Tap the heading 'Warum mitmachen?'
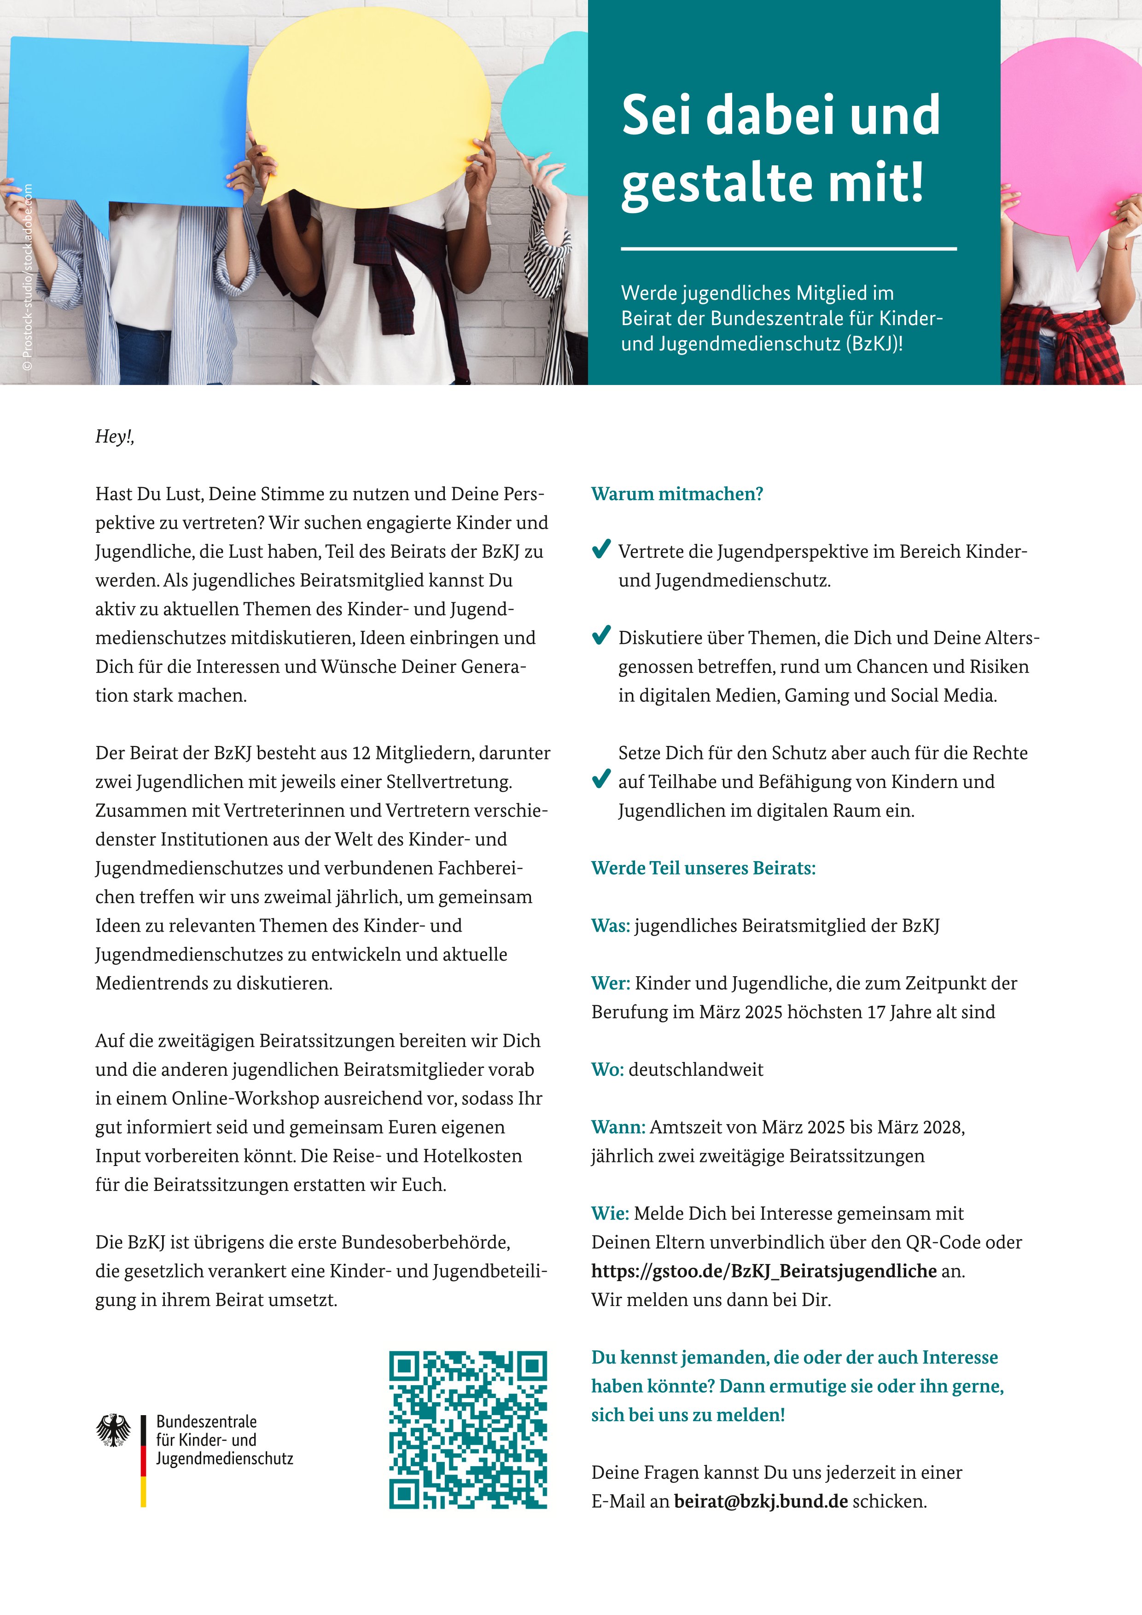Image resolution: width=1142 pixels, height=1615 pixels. pyautogui.click(x=676, y=494)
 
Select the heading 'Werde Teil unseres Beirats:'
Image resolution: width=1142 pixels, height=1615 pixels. pyautogui.click(x=703, y=868)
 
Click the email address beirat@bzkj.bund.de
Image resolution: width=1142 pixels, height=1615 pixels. pyautogui.click(x=760, y=1501)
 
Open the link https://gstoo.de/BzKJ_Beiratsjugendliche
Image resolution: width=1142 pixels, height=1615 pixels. pyautogui.click(x=763, y=1271)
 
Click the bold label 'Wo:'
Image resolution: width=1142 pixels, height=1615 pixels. pyautogui.click(x=607, y=1070)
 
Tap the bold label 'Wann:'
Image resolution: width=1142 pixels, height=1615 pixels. pyautogui.click(x=618, y=1127)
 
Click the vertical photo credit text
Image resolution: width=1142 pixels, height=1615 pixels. pyautogui.click(x=28, y=277)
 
